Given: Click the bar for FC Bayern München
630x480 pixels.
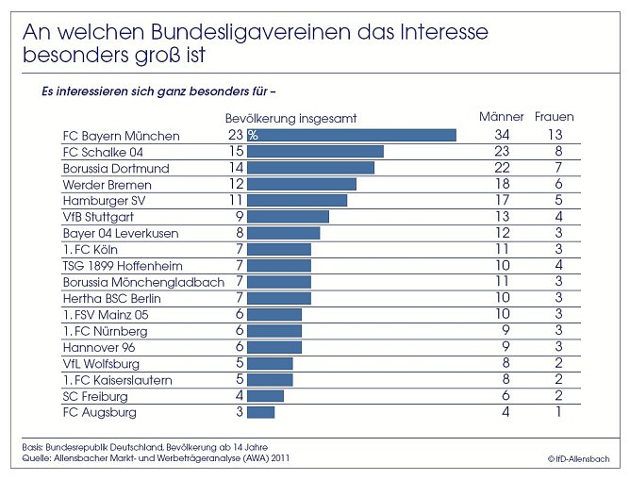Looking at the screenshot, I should point(351,136).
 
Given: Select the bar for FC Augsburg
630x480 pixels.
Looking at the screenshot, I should point(260,412).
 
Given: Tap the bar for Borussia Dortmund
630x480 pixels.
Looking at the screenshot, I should point(310,168).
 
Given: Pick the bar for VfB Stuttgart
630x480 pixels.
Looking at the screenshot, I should point(288,217).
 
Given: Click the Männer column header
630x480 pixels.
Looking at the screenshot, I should point(501,117).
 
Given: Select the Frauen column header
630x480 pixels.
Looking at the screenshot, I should point(555,117).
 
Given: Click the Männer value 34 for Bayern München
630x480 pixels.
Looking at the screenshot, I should point(502,136).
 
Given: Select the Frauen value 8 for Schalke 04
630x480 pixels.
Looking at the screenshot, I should point(559,152).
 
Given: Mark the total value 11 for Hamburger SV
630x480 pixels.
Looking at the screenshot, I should point(237,201).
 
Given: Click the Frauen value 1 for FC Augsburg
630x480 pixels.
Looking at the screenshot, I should point(559,412).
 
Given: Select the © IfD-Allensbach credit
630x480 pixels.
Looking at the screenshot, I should point(578,458).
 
